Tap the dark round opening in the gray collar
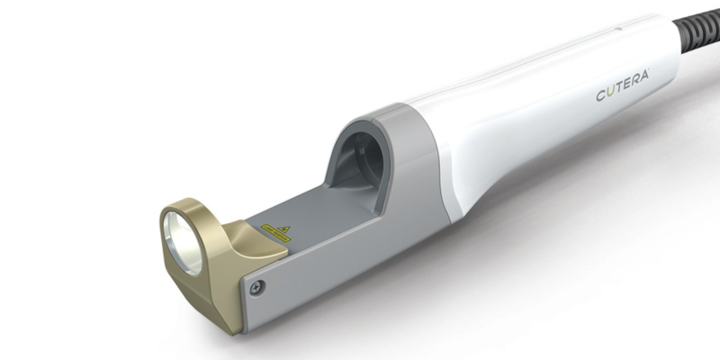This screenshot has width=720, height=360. (364, 162)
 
